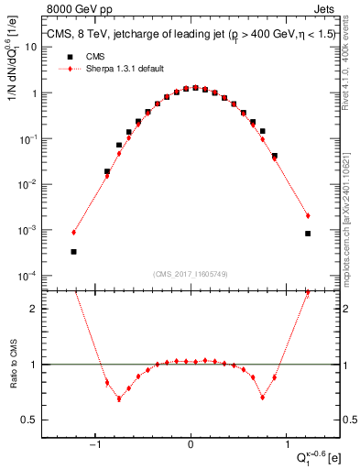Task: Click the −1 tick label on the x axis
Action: click(95, 445)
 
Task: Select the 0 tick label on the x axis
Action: click(191, 445)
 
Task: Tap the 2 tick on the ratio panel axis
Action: click(33, 309)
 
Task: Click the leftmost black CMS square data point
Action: click(73, 252)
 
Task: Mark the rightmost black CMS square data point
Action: click(308, 234)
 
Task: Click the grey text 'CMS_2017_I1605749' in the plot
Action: click(191, 274)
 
